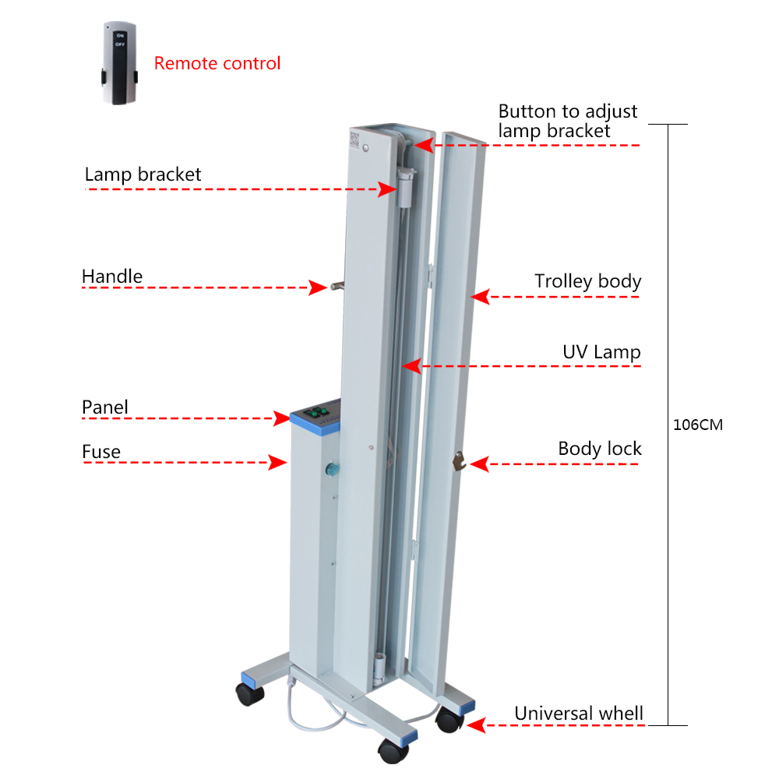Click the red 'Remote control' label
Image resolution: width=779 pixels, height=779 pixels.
(x=217, y=63)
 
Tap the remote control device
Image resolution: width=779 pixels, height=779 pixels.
(x=119, y=63)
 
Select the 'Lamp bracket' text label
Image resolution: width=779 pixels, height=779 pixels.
(x=143, y=174)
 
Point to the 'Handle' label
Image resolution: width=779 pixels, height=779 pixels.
(x=111, y=277)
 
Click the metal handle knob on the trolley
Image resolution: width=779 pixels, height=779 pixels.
(x=337, y=286)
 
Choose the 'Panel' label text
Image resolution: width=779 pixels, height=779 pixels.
(x=105, y=407)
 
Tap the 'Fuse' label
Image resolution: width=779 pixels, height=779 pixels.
(x=101, y=452)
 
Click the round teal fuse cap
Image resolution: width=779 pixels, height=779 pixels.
(x=332, y=468)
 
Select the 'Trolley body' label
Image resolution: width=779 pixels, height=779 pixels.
(x=587, y=281)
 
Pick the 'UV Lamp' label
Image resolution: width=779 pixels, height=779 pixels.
(x=601, y=352)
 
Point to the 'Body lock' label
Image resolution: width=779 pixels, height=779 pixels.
(x=600, y=449)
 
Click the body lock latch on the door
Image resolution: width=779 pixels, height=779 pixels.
(x=459, y=460)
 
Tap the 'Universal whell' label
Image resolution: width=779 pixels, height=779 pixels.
(x=578, y=714)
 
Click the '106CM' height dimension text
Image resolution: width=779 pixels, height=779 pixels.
(x=697, y=425)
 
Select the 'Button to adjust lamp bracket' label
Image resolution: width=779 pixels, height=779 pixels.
(x=567, y=121)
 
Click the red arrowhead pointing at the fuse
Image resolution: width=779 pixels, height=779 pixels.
(x=277, y=462)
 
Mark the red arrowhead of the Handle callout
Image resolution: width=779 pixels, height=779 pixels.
(x=318, y=287)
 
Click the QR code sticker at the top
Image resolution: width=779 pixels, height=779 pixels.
(x=354, y=139)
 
